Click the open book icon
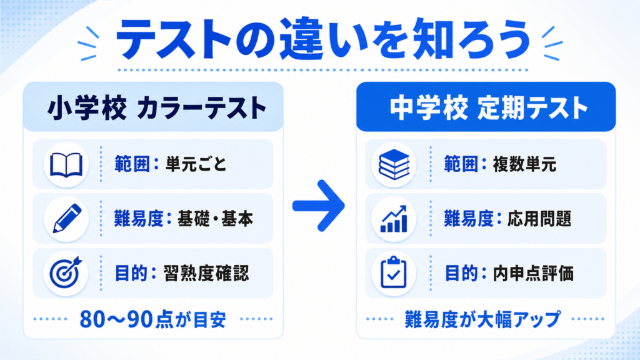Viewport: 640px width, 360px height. (x=66, y=165)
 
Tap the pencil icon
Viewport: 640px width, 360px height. (x=67, y=218)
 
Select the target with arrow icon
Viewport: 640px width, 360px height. (x=66, y=272)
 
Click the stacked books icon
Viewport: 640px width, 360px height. (x=394, y=164)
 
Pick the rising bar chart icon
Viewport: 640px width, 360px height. (x=394, y=219)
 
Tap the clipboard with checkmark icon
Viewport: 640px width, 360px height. (x=394, y=272)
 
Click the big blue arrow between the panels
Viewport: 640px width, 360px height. (x=319, y=206)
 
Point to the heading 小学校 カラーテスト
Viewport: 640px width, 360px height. (x=157, y=108)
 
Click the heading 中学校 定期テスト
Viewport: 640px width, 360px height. (x=489, y=108)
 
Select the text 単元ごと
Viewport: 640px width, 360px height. (x=196, y=164)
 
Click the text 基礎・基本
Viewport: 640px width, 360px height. (x=215, y=219)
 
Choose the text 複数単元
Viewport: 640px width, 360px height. (x=524, y=164)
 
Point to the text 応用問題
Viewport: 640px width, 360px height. (x=539, y=219)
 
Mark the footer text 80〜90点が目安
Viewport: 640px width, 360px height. (x=152, y=319)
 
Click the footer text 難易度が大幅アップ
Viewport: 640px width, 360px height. (x=483, y=319)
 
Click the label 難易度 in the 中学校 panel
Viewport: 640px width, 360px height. (x=469, y=219)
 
